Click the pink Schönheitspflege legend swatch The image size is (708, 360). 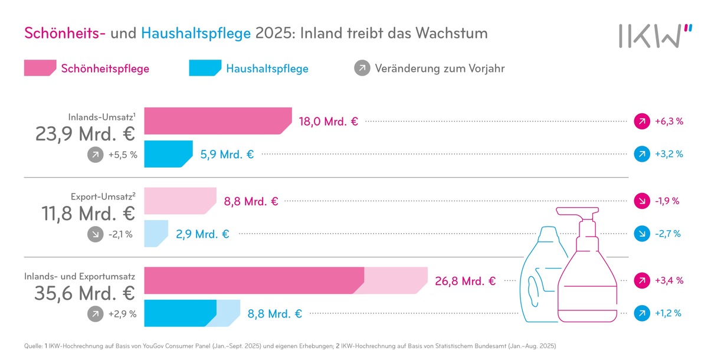[40, 68]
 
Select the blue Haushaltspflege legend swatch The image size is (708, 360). [204, 68]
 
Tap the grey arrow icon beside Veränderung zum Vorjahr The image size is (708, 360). [361, 68]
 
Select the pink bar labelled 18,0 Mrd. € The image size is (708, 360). [217, 121]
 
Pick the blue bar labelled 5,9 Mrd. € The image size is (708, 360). [168, 154]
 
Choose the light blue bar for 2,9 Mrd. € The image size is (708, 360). [156, 233]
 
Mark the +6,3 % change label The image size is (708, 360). [668, 122]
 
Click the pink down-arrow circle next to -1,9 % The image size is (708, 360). [641, 201]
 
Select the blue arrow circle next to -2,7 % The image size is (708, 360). [641, 234]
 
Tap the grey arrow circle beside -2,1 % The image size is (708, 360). [94, 234]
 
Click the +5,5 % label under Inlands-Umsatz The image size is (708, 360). [122, 155]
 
